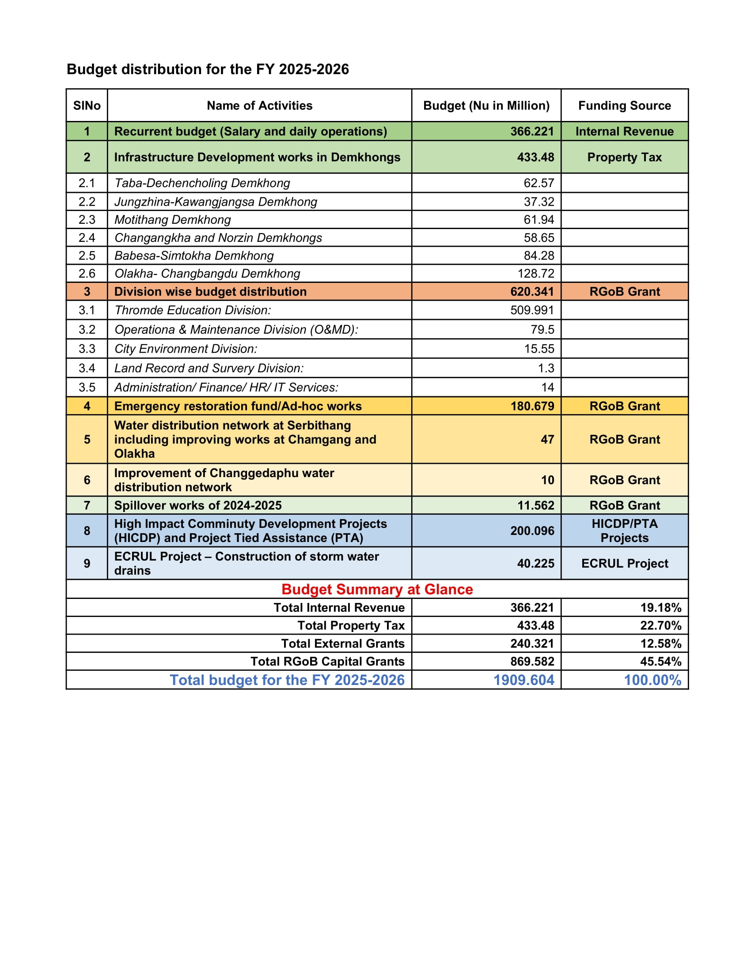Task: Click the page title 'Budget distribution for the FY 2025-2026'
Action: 208,69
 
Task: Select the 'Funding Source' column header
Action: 624,105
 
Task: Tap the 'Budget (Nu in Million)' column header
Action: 486,105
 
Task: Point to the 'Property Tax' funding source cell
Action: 624,158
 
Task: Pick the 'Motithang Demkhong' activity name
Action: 173,220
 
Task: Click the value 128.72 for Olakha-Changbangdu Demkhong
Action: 536,274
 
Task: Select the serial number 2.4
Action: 87,238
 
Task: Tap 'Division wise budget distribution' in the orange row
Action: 210,292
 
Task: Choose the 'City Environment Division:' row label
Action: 186,349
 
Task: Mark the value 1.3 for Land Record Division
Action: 546,368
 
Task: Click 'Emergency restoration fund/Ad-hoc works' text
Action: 238,406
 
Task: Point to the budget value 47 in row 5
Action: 547,440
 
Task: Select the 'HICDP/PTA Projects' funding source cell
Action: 624,531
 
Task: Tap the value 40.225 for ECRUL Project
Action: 535,564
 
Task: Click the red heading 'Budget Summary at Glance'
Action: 377,590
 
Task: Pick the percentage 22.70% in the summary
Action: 660,626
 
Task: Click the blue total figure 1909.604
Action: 523,680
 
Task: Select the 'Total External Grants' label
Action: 342,644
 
